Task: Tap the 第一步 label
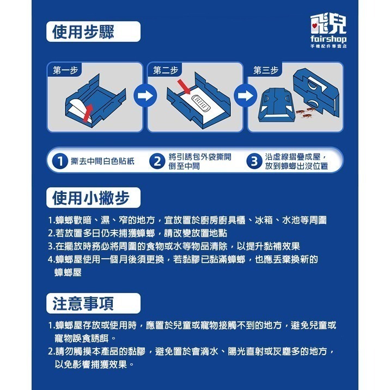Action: point(66,70)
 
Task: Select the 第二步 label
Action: point(166,70)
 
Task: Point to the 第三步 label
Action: point(266,70)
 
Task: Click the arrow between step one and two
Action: point(143,97)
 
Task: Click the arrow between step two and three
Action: point(243,97)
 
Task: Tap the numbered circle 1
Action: point(59,161)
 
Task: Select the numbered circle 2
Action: point(157,161)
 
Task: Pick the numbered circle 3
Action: point(253,161)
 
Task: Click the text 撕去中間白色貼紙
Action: point(103,161)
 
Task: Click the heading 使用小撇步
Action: point(90,198)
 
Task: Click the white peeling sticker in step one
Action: point(80,109)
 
